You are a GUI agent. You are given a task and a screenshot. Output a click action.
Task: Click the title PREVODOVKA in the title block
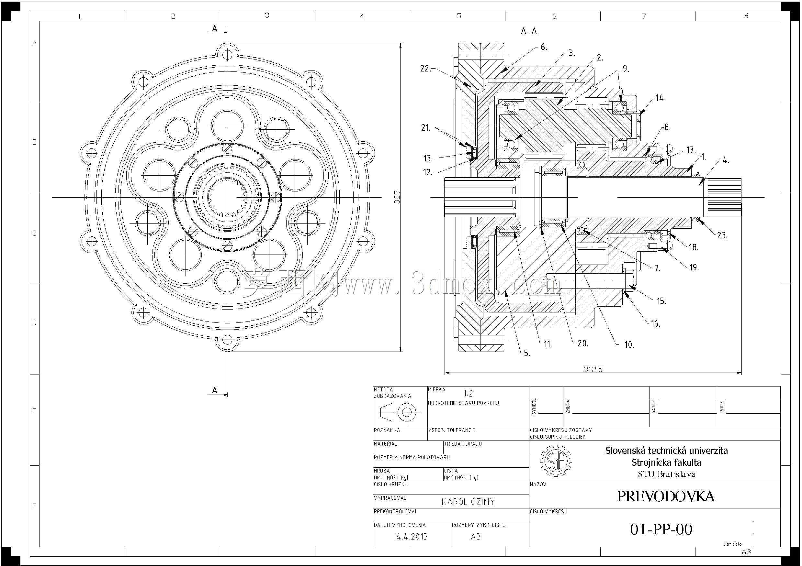coord(666,496)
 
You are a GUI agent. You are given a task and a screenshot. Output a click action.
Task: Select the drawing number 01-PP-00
coord(661,529)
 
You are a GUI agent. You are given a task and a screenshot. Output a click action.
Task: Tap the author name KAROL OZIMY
coord(468,502)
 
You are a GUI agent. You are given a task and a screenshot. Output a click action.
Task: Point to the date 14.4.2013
coord(410,537)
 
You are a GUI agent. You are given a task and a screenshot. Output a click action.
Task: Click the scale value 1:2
coord(468,394)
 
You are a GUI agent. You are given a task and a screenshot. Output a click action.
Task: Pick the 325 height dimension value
coord(397,197)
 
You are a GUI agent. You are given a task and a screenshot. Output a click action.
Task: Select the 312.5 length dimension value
coord(593,369)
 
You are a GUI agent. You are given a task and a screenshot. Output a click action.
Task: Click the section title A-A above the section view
coord(529,31)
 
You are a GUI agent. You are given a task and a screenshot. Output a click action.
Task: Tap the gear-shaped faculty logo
coord(556,461)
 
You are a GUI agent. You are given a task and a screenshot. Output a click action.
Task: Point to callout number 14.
coord(660,98)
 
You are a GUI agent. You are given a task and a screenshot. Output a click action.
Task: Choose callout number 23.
coord(722,235)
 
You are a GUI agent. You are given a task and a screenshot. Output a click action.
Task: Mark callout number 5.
coord(527,353)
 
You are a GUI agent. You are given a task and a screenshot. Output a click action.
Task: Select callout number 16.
coord(656,324)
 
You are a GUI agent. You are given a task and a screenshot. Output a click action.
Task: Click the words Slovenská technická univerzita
coord(666,451)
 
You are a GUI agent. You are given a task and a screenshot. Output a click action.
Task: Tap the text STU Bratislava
coord(666,474)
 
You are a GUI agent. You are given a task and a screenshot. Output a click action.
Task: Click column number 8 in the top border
coord(746,16)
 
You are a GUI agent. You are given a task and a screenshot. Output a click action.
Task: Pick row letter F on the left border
coord(34,506)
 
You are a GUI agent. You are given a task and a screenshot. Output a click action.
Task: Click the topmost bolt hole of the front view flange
coord(227,54)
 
